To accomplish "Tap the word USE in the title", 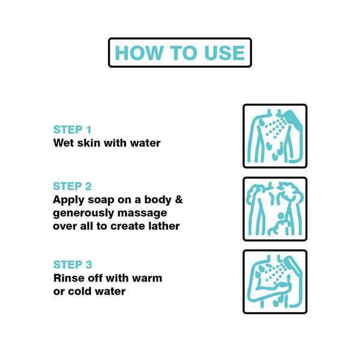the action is coord(224,53).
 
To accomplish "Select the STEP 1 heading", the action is coord(73,130).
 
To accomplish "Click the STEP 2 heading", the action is coord(73,186).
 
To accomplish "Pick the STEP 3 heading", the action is coord(73,265).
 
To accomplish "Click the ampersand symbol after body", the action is coord(179,199).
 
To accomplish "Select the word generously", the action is coord(83,213).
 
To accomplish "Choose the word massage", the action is coord(142,213).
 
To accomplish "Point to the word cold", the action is coord(80,291).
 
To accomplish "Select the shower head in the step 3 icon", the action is coord(290,265).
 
